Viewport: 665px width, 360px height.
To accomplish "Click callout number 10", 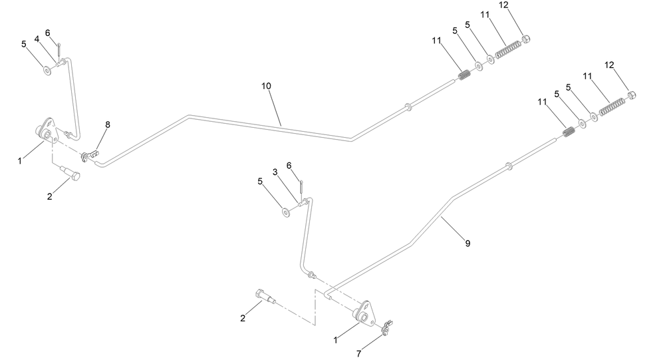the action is click(266, 87).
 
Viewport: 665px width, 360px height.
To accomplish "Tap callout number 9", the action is click(467, 244).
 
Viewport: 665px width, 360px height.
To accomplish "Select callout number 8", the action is click(107, 125).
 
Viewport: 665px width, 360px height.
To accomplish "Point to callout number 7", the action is click(359, 353).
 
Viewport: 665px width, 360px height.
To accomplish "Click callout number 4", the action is click(37, 39).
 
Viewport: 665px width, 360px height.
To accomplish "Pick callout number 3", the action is click(275, 172).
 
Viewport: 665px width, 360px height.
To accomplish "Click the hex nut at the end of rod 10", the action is click(526, 39).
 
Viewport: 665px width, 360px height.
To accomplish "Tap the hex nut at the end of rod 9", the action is click(631, 94).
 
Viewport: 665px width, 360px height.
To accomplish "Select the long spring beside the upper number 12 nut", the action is click(508, 49).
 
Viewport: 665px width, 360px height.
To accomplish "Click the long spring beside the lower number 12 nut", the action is click(612, 106).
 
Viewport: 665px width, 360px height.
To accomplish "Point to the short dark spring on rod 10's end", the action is click(465, 75).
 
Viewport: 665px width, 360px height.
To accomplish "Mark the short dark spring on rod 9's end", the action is click(569, 132).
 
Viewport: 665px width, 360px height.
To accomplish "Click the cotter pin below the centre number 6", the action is click(301, 187).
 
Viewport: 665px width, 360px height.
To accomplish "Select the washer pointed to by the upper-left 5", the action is click(47, 70).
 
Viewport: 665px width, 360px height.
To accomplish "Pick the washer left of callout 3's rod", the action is click(286, 212).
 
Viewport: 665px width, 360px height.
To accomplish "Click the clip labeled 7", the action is click(386, 328).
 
